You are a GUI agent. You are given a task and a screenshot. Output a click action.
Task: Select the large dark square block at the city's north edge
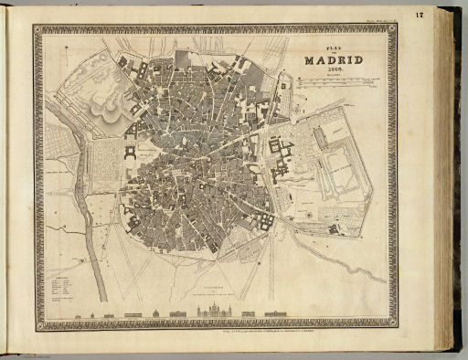184,60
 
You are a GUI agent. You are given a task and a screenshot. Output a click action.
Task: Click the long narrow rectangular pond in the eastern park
319,137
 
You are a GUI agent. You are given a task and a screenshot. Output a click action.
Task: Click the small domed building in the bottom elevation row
156,313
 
